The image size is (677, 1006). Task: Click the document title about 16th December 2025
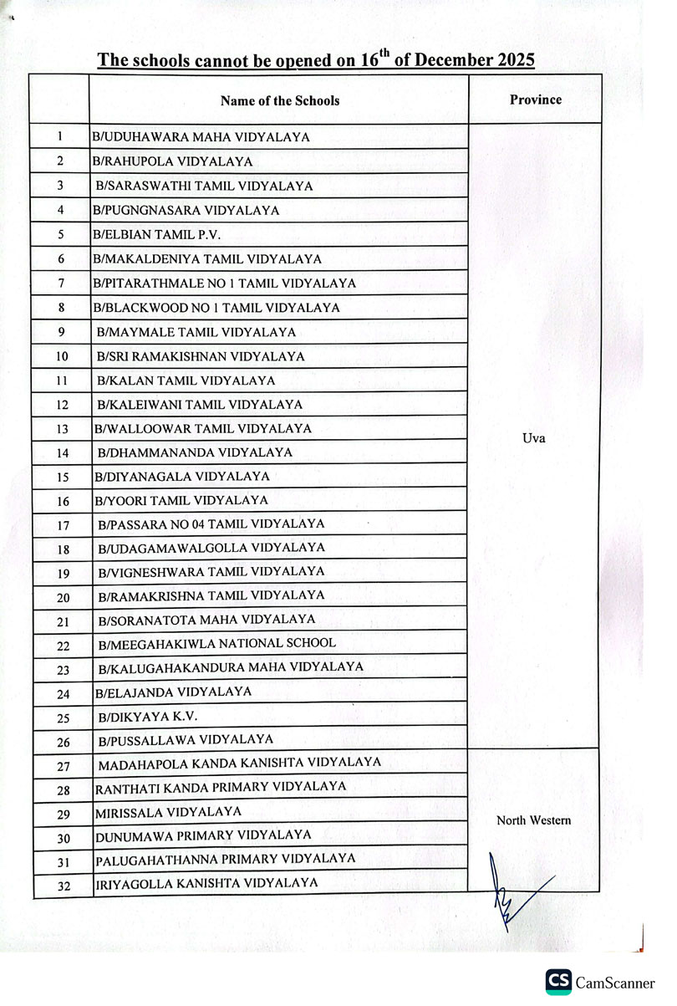pyautogui.click(x=315, y=60)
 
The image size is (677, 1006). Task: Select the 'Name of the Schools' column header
pyautogui.click(x=280, y=100)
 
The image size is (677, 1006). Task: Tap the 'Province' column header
pyautogui.click(x=535, y=100)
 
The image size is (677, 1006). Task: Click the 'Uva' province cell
pyautogui.click(x=533, y=437)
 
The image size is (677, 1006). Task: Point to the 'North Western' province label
pyautogui.click(x=533, y=820)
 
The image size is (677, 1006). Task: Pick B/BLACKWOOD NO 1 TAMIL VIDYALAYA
pyautogui.click(x=217, y=308)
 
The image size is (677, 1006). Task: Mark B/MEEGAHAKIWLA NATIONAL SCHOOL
pyautogui.click(x=216, y=643)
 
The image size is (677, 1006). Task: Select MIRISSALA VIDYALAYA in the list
pyautogui.click(x=169, y=811)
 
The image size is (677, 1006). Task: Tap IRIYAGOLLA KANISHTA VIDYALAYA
pyautogui.click(x=206, y=882)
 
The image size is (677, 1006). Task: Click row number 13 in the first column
pyautogui.click(x=61, y=429)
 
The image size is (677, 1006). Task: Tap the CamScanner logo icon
pyautogui.click(x=558, y=983)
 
